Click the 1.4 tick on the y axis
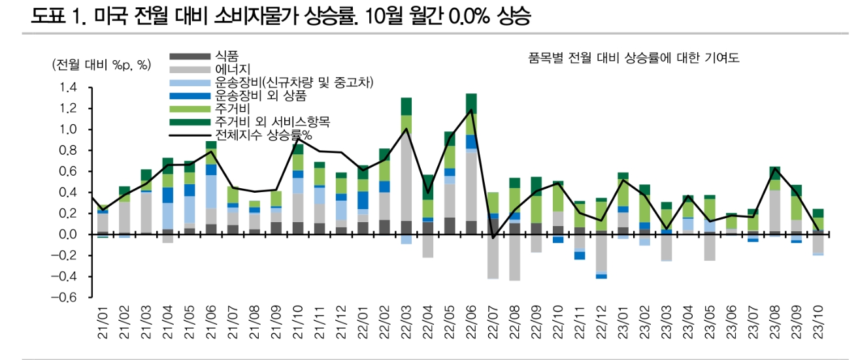[68, 88]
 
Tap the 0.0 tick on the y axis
[68, 235]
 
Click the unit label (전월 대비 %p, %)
[101, 65]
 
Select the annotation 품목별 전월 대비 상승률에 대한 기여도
[633, 58]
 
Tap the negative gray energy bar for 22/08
[514, 257]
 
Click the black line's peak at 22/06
[470, 110]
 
